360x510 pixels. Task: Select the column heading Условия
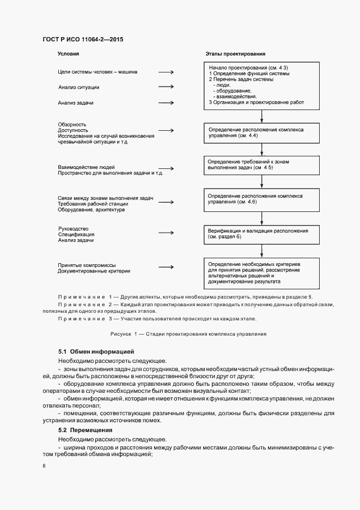tap(69, 54)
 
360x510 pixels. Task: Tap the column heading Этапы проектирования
tap(235, 54)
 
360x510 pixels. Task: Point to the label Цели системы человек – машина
tap(97, 71)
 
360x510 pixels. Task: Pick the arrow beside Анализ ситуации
tap(166, 87)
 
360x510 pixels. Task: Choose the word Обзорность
tap(72, 125)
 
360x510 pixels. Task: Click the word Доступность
tap(73, 130)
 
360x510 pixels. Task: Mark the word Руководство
tap(74, 228)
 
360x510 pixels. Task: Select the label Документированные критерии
tap(94, 271)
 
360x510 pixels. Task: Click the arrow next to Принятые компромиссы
tap(166, 268)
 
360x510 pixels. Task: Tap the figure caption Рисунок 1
tap(188, 333)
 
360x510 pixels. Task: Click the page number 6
tap(44, 465)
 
